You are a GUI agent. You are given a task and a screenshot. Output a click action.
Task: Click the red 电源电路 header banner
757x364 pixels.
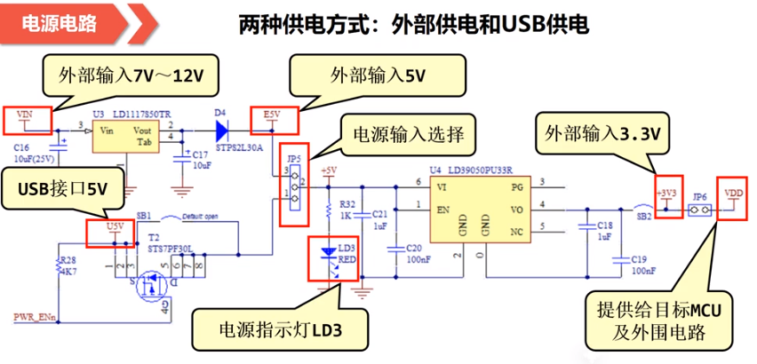click(67, 23)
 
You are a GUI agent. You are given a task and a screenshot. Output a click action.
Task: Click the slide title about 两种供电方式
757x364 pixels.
click(413, 23)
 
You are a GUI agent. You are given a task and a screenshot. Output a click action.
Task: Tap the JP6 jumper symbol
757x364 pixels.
click(700, 211)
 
